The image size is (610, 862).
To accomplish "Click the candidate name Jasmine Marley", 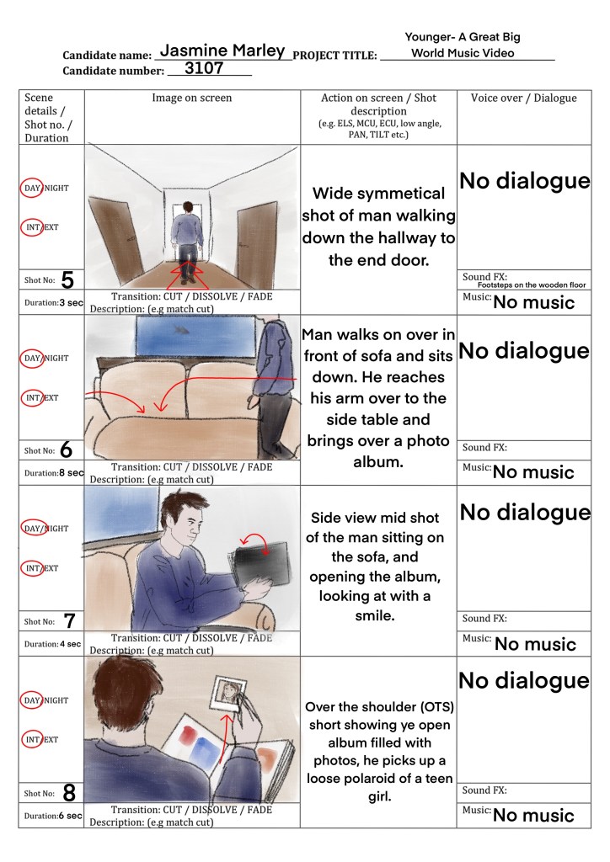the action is coord(222,51).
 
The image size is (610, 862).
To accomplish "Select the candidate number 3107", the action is coord(204,68).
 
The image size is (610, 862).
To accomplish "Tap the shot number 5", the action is coord(67,279).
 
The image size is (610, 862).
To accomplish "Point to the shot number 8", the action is coord(69,793).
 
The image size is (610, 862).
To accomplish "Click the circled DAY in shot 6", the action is coord(33,358).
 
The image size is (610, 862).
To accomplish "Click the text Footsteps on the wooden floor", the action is coord(532,285).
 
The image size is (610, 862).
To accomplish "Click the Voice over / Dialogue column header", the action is coord(524,98).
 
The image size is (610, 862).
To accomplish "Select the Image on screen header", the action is coord(191,98).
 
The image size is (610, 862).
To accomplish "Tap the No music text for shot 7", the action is coord(535,644).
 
